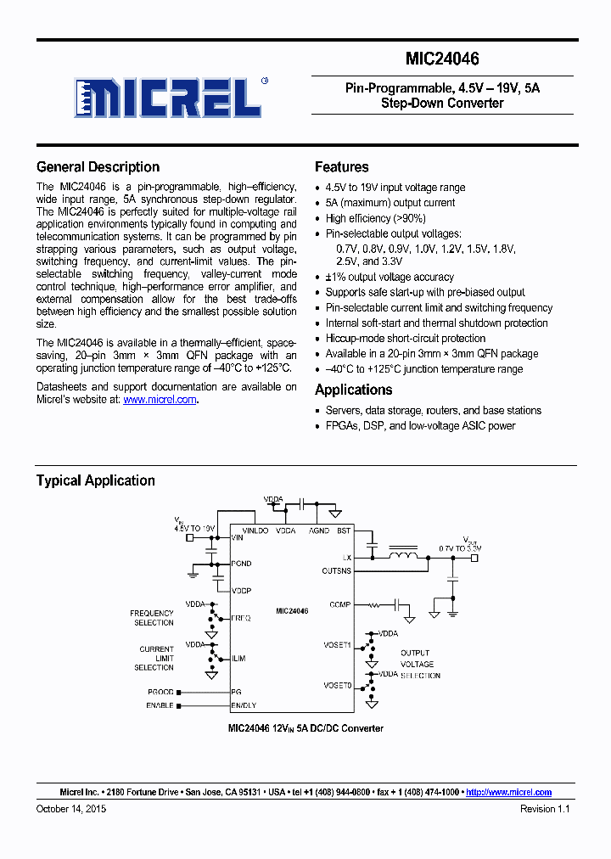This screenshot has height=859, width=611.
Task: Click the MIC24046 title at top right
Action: pyautogui.click(x=441, y=59)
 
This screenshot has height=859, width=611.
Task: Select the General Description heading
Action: pyautogui.click(x=98, y=167)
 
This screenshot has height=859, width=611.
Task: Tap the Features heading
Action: pyautogui.click(x=341, y=167)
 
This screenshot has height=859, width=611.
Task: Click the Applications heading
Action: pyautogui.click(x=353, y=390)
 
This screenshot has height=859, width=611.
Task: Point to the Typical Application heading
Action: pyautogui.click(x=95, y=480)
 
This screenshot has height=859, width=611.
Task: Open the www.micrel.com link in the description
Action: pyautogui.click(x=160, y=399)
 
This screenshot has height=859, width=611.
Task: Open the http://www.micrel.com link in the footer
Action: pyautogui.click(x=508, y=792)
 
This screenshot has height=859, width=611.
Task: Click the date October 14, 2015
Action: pyautogui.click(x=71, y=809)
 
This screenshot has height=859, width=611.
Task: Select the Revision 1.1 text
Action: pyautogui.click(x=545, y=809)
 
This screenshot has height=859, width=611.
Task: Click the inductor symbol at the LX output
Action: pyautogui.click(x=403, y=557)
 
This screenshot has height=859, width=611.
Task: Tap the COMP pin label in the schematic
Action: pyautogui.click(x=340, y=605)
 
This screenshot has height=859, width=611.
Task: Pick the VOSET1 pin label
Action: pyautogui.click(x=337, y=645)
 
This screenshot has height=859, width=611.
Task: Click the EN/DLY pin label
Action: pyautogui.click(x=244, y=705)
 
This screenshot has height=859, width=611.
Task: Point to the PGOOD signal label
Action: pyautogui.click(x=160, y=692)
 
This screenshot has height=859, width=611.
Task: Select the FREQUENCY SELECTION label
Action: pyautogui.click(x=153, y=618)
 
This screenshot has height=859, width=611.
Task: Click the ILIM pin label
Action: pyautogui.click(x=239, y=658)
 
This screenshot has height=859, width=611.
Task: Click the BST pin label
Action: pyautogui.click(x=343, y=531)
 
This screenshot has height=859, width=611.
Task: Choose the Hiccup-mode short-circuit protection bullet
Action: pyautogui.click(x=406, y=338)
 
